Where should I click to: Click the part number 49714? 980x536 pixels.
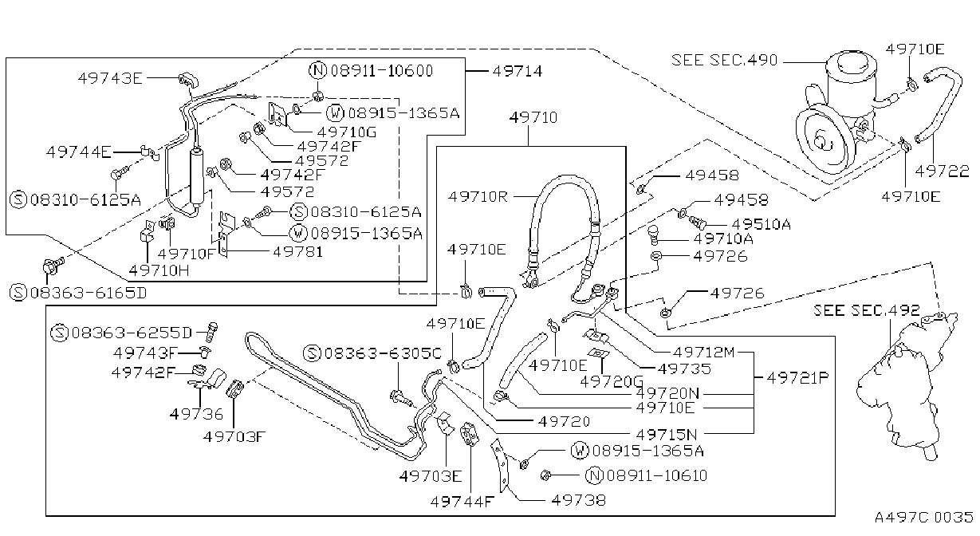tap(518, 71)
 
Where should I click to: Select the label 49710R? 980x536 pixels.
tap(478, 197)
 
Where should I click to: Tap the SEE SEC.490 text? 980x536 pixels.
tap(724, 60)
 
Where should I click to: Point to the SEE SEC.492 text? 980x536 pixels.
tap(866, 310)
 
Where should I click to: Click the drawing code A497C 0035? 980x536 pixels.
tap(924, 517)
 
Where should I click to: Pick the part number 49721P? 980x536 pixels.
tap(798, 377)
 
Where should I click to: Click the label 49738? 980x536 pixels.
tap(578, 500)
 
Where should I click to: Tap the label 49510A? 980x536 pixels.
tap(762, 224)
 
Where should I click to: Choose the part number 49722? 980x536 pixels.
tap(942, 171)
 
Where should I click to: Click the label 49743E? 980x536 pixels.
tap(110, 78)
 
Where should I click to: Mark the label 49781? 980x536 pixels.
tap(298, 252)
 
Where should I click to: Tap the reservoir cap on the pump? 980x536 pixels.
tap(852, 66)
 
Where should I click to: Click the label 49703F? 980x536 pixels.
tap(234, 436)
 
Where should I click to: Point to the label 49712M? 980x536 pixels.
tap(703, 353)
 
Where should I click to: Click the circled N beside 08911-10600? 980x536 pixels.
tap(317, 70)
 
